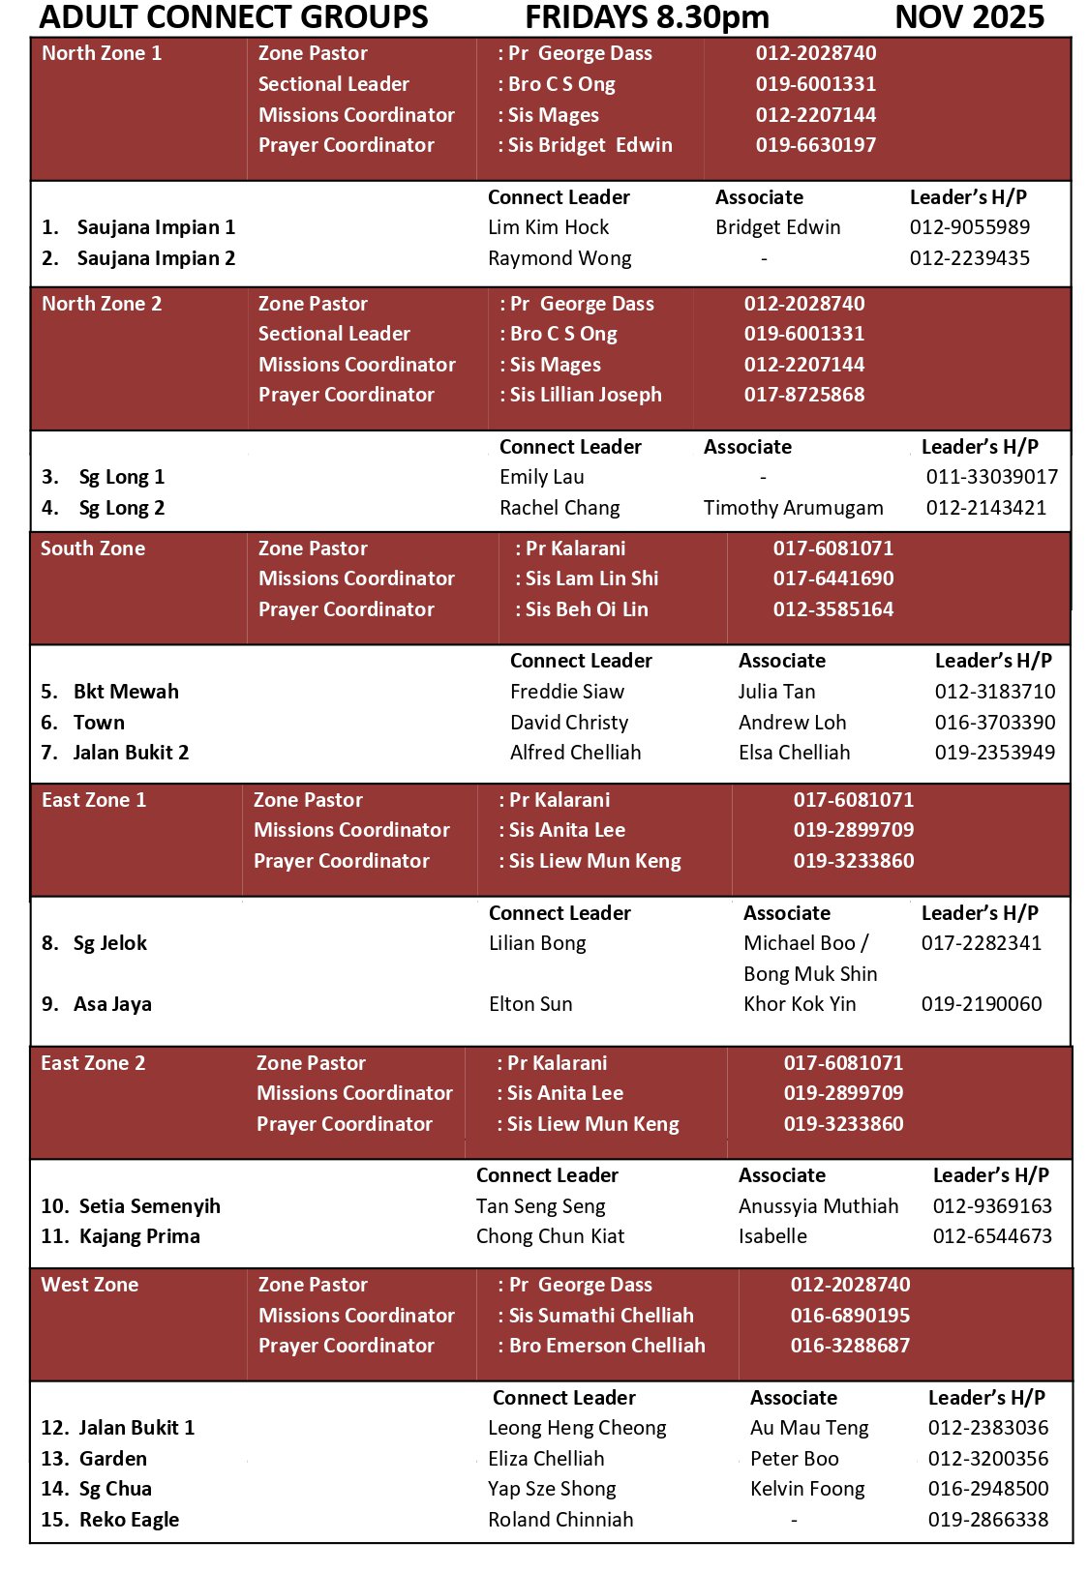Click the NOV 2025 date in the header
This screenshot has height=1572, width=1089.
(x=969, y=17)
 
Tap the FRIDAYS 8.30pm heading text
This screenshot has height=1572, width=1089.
(x=647, y=17)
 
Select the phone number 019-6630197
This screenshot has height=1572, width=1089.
(x=815, y=145)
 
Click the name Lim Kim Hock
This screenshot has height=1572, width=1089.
(x=548, y=227)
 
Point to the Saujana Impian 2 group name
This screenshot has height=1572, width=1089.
(x=156, y=258)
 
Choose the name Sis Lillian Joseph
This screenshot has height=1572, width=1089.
(x=585, y=395)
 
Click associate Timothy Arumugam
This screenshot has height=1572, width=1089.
(x=793, y=508)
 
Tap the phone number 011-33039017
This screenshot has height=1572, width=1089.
(x=991, y=477)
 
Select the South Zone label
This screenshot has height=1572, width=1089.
(x=93, y=549)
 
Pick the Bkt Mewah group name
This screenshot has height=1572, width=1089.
(x=126, y=692)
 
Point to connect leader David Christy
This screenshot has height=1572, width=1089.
(x=569, y=723)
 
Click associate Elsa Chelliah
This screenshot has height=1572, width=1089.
(x=794, y=753)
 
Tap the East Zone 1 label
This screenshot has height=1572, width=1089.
(x=94, y=800)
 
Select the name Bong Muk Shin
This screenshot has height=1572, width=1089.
(x=810, y=974)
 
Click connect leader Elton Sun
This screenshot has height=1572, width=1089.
(x=530, y=1004)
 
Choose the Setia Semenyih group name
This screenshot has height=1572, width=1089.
(x=149, y=1206)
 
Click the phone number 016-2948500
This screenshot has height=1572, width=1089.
(x=987, y=1489)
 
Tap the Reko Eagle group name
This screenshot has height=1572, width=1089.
(x=129, y=1520)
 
